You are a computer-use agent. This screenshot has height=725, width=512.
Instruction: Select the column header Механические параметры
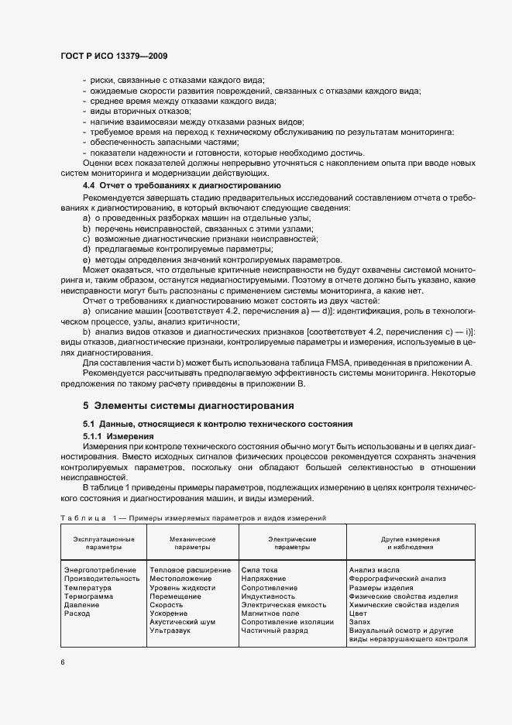pos(193,542)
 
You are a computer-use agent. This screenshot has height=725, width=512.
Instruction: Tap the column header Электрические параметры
pos(291,542)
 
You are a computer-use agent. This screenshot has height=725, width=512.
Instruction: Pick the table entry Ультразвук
pos(170,631)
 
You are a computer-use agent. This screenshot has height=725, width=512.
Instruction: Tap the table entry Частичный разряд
pos(274,631)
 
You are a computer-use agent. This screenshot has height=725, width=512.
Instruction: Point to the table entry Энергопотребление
pos(100,569)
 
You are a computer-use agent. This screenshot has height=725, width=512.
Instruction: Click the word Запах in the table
pos(360,622)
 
